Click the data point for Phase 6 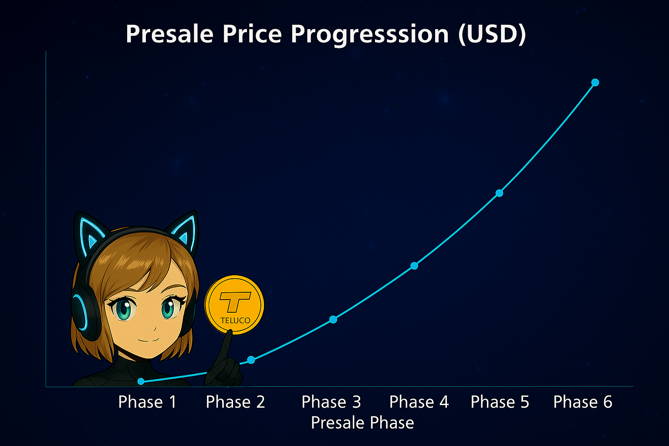595,82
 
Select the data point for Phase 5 500,193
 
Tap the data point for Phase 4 414,266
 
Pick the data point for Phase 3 333,320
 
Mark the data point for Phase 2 251,360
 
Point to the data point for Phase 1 141,382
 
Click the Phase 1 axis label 147,402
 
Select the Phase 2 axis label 235,402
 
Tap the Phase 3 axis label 331,402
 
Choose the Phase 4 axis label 419,402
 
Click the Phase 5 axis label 500,402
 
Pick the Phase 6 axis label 582,402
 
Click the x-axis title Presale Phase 362,423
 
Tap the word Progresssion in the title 370,34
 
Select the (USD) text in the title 492,34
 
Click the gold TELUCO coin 234,305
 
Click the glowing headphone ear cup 81,311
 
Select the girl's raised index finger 227,344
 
